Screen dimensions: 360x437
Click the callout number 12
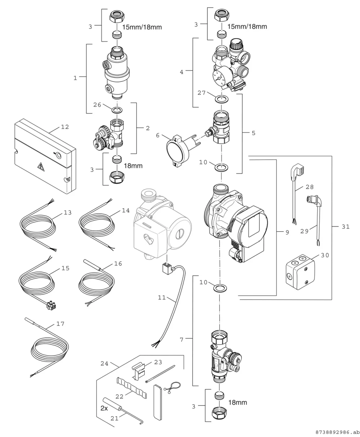coord(65,127)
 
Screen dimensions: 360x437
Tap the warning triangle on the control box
coord(40,166)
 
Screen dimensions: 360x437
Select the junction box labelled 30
coord(300,272)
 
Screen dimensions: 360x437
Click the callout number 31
coord(346,227)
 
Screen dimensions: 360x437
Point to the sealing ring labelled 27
coord(222,99)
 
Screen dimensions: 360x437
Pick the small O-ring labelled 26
coord(117,110)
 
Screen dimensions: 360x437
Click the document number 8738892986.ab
coord(337,432)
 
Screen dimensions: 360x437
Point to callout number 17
coord(60,324)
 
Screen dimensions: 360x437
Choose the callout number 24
coord(104,364)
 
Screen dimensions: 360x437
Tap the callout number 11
coord(162,297)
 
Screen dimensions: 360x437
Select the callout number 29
coord(305,231)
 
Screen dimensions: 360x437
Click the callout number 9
coord(287,232)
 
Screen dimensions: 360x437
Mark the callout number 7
coord(182,340)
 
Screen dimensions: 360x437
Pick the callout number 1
coord(75,78)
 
